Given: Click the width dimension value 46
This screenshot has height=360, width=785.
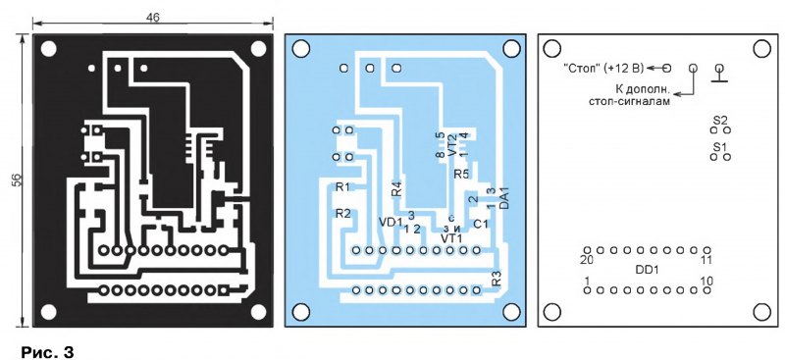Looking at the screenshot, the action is click(x=153, y=18).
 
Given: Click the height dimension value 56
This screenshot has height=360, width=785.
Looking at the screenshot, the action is click(x=17, y=180).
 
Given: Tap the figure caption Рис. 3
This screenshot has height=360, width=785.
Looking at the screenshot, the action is click(x=47, y=352).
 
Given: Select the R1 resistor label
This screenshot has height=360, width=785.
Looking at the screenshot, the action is click(x=342, y=187).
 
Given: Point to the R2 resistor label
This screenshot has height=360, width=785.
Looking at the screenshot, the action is click(x=343, y=213).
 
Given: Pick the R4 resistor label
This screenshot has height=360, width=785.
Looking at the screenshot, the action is click(x=396, y=189).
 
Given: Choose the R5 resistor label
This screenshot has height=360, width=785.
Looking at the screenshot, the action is click(x=461, y=175).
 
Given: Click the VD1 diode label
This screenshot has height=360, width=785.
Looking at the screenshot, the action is click(x=391, y=222).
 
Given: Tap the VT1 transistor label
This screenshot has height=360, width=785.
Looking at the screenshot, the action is click(x=451, y=238).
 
